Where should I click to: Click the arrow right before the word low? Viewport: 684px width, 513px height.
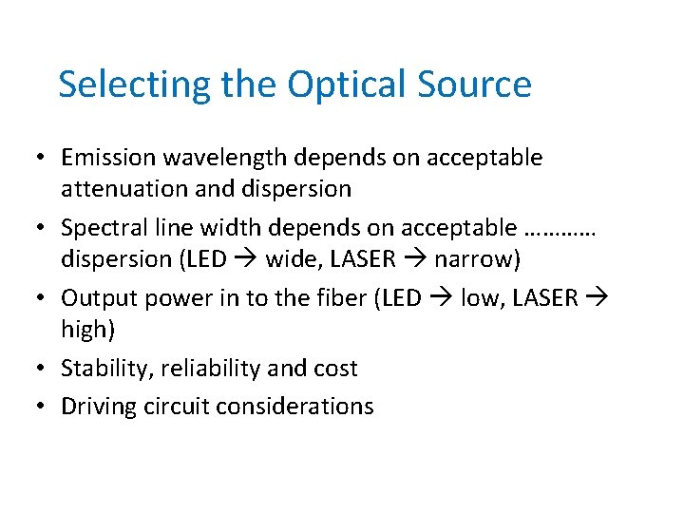[444, 299]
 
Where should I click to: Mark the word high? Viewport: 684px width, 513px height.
[82, 330]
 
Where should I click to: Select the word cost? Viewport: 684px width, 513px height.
[335, 369]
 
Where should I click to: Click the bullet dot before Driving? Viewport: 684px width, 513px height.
[44, 407]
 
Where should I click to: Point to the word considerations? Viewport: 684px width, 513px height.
[294, 407]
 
